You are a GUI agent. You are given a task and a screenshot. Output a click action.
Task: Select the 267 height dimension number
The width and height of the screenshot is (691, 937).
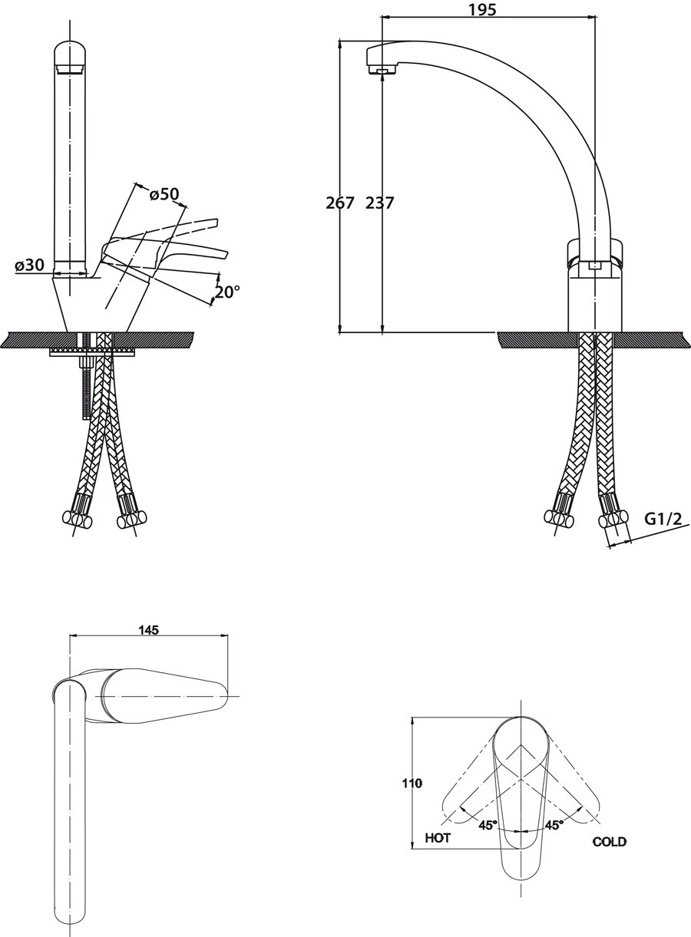pos(340,203)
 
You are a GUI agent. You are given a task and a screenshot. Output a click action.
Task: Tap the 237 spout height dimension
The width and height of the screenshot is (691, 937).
pos(379,203)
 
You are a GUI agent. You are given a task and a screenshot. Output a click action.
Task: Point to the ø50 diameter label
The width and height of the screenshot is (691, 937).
pos(164,193)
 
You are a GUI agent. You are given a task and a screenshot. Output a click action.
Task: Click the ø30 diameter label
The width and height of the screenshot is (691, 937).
pos(29,264)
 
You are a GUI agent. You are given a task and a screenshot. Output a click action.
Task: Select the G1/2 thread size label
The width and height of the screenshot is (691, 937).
pos(663,519)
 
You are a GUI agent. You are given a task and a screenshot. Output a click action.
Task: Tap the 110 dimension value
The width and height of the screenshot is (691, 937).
pos(412,784)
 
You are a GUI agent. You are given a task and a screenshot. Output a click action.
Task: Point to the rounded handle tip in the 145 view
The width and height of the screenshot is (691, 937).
pos(223,696)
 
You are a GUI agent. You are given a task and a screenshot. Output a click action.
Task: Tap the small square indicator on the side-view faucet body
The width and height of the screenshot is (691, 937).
pos(595,266)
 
